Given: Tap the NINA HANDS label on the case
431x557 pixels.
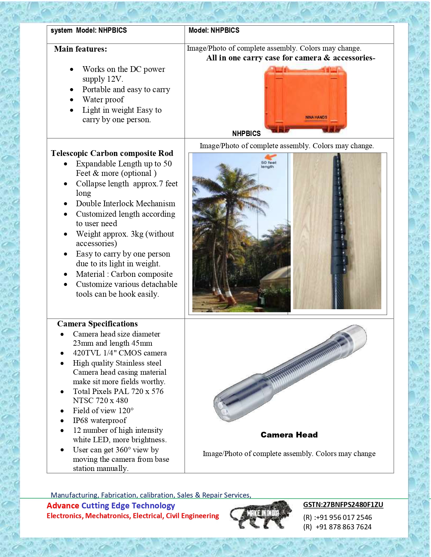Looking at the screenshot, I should [316, 117].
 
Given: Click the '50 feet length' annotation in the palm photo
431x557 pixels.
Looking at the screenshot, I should [268, 164].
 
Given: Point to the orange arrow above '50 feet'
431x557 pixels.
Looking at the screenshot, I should [270, 157].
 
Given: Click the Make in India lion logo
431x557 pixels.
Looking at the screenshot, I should [261, 514].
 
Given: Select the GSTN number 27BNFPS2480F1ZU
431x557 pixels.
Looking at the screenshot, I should [343, 505].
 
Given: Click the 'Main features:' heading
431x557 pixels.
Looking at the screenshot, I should [80, 49].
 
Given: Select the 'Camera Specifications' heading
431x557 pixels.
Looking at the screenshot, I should [97, 324].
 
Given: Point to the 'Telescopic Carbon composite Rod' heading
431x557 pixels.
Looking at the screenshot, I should [112, 153].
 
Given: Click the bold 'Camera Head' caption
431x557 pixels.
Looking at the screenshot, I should [289, 435].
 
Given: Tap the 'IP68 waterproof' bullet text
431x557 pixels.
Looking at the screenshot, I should [100, 420].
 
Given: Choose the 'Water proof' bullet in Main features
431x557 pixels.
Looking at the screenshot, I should [103, 100].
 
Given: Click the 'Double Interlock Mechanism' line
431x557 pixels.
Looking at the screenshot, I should [125, 204].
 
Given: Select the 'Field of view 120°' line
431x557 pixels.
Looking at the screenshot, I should [103, 410].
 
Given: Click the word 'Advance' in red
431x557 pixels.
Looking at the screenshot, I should [63, 505].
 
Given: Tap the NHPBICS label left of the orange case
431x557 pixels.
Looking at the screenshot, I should [246, 134].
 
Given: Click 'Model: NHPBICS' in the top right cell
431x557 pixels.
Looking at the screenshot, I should [214, 30].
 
